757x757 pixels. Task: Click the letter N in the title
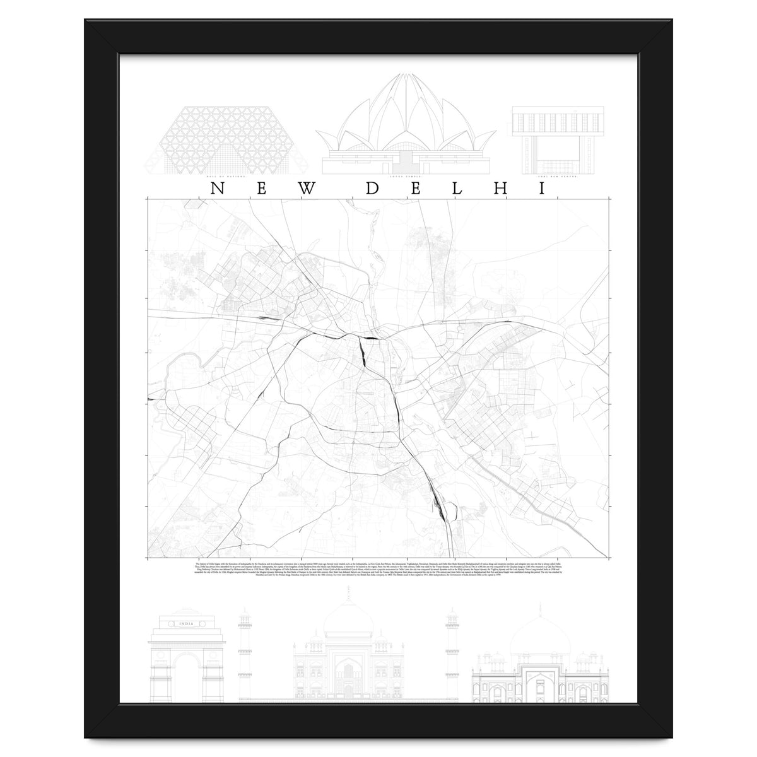(216, 189)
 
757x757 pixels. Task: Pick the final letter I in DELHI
(541, 189)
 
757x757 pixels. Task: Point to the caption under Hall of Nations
(227, 178)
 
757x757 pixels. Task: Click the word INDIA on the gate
(186, 625)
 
